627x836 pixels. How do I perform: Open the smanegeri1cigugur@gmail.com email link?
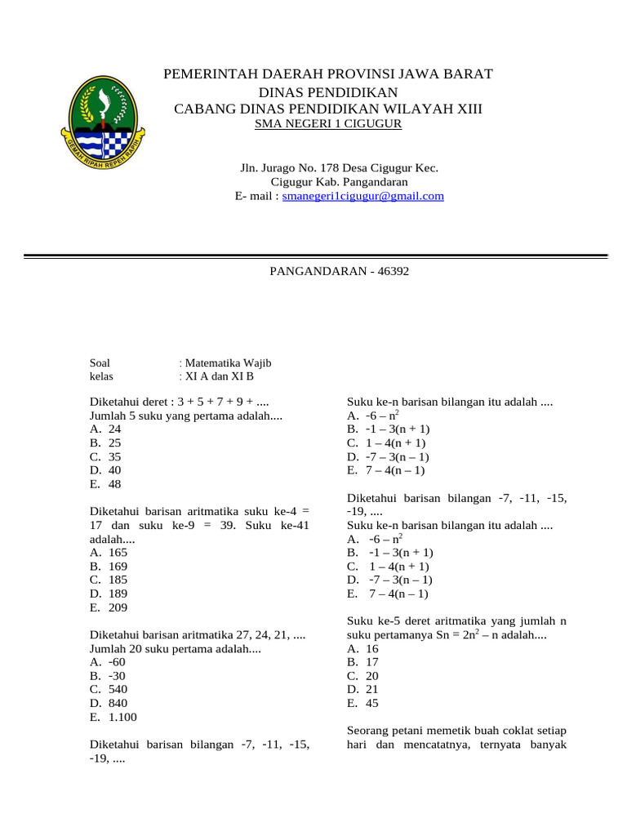pos(362,196)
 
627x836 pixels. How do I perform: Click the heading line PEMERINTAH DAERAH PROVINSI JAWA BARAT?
pos(328,74)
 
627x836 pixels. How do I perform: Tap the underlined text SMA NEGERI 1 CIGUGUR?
pos(328,124)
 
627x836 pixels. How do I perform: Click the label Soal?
pos(100,362)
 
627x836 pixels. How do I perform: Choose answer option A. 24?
pos(106,429)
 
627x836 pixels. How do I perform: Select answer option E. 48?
pos(106,484)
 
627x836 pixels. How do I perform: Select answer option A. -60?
pos(109,662)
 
